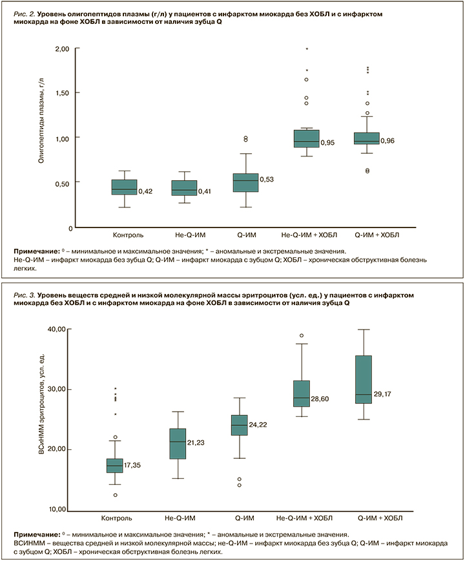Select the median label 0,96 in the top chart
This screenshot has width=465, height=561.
click(x=387, y=140)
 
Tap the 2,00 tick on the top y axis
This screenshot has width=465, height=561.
click(x=62, y=49)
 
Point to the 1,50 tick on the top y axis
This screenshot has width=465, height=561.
click(x=62, y=93)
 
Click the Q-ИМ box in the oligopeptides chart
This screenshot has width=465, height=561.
click(x=245, y=183)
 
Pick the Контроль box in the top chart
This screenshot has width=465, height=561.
click(x=124, y=187)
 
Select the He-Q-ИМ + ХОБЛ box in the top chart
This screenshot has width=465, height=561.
click(x=306, y=138)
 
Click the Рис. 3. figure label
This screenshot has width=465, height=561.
click(x=43, y=294)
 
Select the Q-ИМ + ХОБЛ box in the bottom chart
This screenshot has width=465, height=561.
click(x=364, y=379)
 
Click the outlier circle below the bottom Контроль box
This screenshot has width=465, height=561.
click(x=115, y=495)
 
